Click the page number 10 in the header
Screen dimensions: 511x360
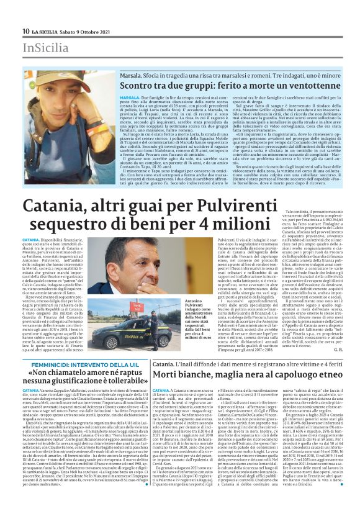point(25,31)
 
